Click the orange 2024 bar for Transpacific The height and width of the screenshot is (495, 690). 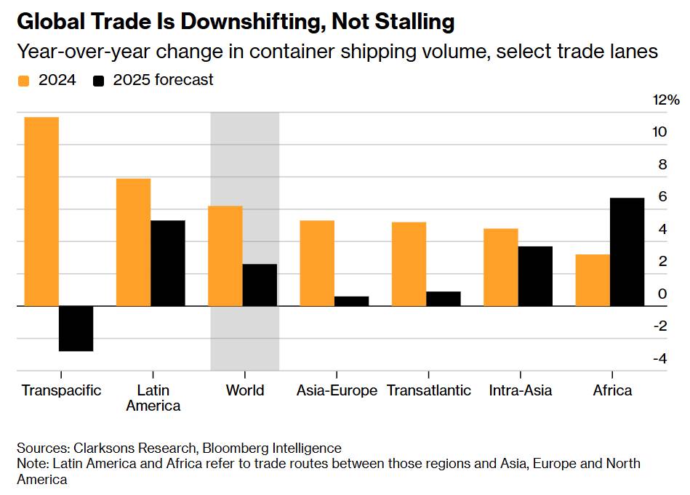click(x=41, y=212)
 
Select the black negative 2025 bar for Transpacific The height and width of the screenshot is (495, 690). click(x=76, y=329)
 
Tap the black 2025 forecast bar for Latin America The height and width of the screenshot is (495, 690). click(x=168, y=263)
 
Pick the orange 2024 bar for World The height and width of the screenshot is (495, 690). click(x=225, y=256)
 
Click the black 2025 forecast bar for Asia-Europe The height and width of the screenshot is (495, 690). click(x=352, y=301)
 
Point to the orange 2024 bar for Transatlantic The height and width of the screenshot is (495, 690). click(x=409, y=264)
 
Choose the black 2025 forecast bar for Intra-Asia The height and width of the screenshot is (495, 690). click(x=535, y=276)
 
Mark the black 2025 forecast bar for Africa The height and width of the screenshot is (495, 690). click(x=627, y=251)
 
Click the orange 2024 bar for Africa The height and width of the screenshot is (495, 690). click(x=593, y=280)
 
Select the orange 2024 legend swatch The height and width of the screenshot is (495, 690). click(x=23, y=81)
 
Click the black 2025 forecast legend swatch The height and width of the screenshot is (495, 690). click(x=99, y=81)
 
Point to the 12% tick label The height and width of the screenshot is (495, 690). click(x=666, y=100)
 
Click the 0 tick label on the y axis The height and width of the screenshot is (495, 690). click(x=662, y=294)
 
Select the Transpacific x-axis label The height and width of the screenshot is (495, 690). click(x=61, y=390)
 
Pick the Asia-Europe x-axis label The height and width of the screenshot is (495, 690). click(x=337, y=390)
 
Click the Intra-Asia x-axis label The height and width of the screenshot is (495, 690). click(x=520, y=390)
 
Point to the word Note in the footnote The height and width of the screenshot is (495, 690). click(x=31, y=464)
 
